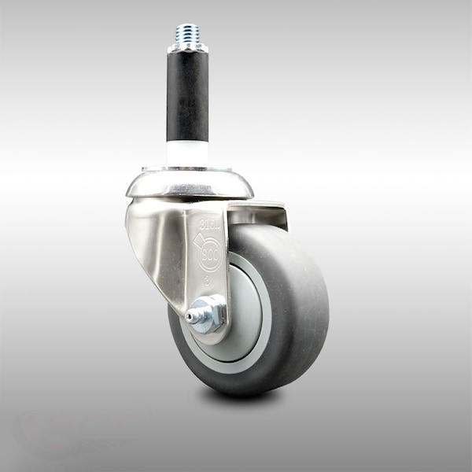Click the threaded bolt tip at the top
point(188,33)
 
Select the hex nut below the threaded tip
point(188,47)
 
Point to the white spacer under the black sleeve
point(188,153)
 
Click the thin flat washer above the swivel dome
point(188,169)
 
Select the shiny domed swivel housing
point(189,185)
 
